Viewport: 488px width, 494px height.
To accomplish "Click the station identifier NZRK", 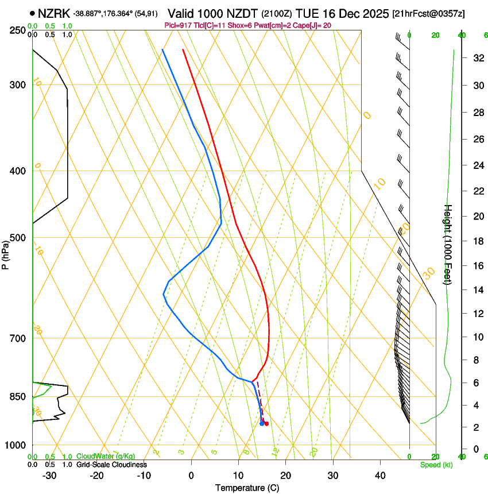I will tap(54, 13).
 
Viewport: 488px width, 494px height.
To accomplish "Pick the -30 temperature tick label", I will tap(49, 476).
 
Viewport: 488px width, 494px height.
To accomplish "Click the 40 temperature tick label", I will tap(380, 476).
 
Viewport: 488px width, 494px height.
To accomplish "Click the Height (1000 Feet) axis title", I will tap(448, 244).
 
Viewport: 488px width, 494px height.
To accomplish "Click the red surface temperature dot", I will tap(266, 424).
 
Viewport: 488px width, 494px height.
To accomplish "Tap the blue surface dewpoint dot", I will tap(262, 424).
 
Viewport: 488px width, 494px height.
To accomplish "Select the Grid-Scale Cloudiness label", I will tap(111, 465).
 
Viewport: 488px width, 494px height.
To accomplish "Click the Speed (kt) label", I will tap(436, 465).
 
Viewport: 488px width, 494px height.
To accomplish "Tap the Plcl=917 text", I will tap(177, 25).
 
